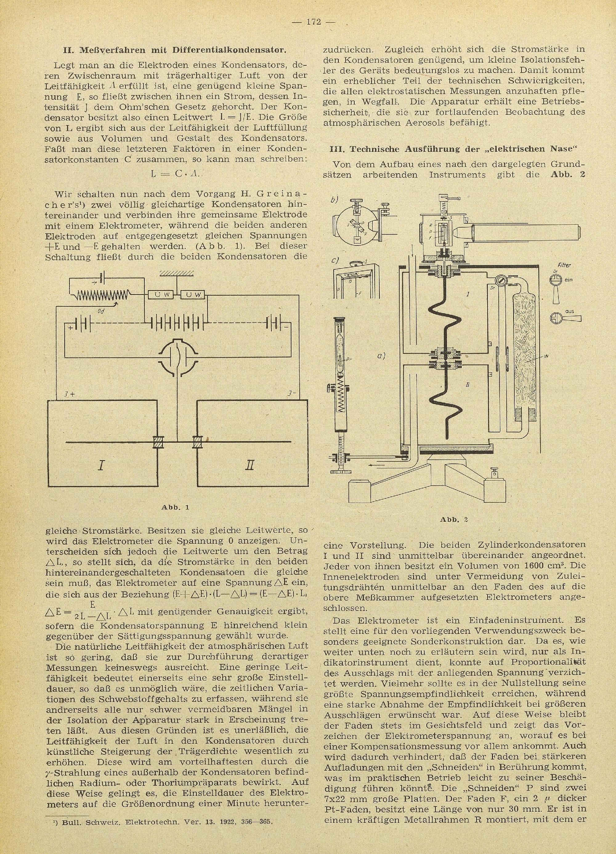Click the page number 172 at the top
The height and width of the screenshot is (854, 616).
point(313,22)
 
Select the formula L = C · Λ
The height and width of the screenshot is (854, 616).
point(176,174)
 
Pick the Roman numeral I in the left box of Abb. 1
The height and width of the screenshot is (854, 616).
point(101,466)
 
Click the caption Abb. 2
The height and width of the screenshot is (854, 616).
point(454,520)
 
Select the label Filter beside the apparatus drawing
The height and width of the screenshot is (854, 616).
point(564,266)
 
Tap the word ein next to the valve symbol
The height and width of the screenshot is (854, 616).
point(569,280)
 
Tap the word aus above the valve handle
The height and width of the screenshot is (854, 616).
point(569,312)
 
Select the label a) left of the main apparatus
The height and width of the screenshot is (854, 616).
point(381,355)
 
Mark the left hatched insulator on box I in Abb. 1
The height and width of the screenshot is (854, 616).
point(157,442)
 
